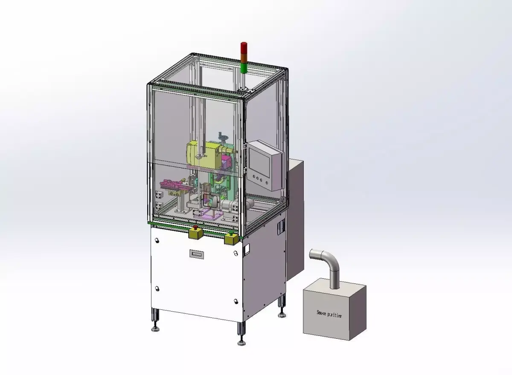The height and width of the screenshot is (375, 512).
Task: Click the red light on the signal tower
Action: [243, 47]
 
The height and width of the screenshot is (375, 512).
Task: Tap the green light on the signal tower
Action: [243, 68]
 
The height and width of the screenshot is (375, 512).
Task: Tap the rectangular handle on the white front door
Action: [196, 254]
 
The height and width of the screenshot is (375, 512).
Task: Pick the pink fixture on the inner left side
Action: [175, 186]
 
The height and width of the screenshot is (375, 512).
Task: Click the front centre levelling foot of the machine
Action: [242, 341]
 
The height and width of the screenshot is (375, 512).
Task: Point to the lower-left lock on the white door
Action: [157, 289]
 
